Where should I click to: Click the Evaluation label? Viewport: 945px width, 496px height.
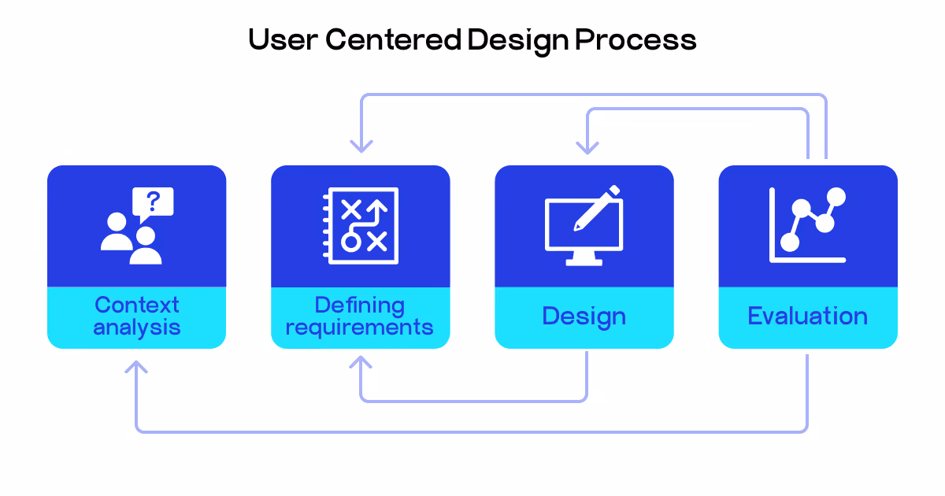pyautogui.click(x=807, y=316)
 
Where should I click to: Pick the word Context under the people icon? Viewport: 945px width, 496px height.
pyautogui.click(x=137, y=305)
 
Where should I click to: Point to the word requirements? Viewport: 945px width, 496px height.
pyautogui.click(x=360, y=327)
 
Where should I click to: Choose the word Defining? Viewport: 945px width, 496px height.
pyautogui.click(x=360, y=305)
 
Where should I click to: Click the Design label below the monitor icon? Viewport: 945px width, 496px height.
pyautogui.click(x=584, y=316)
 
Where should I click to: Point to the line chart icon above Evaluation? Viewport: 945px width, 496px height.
pyautogui.click(x=807, y=225)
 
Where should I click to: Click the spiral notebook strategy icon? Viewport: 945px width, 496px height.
pyautogui.click(x=361, y=225)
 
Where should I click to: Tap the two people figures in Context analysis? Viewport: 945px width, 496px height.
pyautogui.click(x=132, y=241)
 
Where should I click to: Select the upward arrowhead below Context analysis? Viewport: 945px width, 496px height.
pyautogui.click(x=137, y=367)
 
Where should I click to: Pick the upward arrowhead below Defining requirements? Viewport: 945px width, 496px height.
pyautogui.click(x=361, y=363)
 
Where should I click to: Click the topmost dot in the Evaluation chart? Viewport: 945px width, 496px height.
pyautogui.click(x=836, y=196)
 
